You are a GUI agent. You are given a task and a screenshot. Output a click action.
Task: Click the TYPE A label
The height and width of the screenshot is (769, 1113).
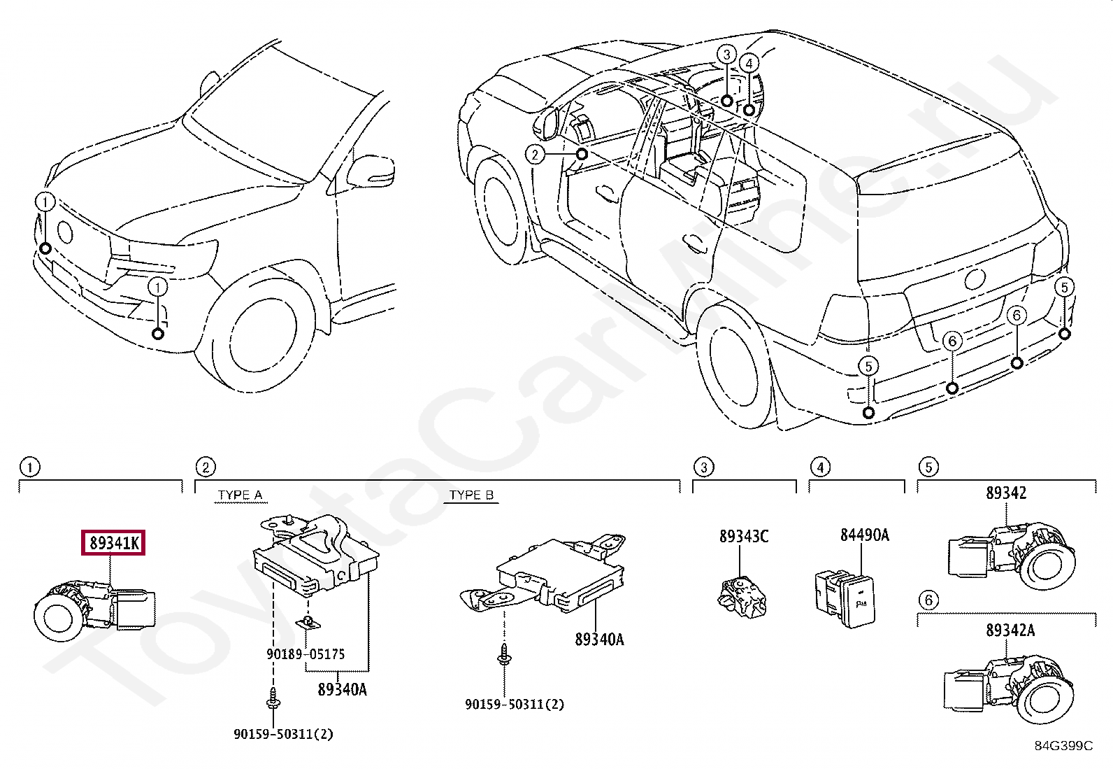click(x=240, y=495)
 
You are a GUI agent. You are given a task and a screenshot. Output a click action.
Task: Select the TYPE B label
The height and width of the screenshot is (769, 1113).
click(x=471, y=495)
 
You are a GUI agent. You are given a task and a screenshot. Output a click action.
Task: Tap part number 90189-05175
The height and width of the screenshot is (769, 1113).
click(x=306, y=655)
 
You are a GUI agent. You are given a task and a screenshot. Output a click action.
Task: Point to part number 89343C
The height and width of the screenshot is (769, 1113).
click(x=744, y=536)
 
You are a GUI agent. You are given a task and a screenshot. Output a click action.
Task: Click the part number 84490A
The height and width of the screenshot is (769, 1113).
click(x=864, y=535)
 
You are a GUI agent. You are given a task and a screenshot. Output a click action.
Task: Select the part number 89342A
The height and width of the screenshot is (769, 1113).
click(x=1010, y=630)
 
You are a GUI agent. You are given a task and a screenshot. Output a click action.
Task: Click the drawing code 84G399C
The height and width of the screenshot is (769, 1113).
click(x=1063, y=746)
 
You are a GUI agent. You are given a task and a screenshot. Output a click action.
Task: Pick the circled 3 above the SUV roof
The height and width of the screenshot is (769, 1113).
click(x=727, y=54)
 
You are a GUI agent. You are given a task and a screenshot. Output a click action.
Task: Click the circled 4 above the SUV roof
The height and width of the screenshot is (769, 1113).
click(x=749, y=63)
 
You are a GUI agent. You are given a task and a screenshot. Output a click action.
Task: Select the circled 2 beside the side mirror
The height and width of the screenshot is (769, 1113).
click(x=535, y=154)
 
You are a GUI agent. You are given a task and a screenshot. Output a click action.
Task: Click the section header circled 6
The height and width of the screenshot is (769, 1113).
click(x=928, y=600)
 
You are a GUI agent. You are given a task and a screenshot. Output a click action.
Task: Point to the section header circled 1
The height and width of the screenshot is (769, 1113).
click(x=29, y=467)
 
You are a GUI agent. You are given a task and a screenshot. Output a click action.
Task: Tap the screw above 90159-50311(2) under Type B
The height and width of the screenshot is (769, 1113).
click(x=504, y=655)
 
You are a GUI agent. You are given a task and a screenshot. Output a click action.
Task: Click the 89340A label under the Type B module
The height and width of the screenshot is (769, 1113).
click(x=599, y=639)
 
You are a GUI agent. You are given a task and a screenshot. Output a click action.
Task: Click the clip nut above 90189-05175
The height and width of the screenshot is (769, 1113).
click(x=306, y=622)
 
